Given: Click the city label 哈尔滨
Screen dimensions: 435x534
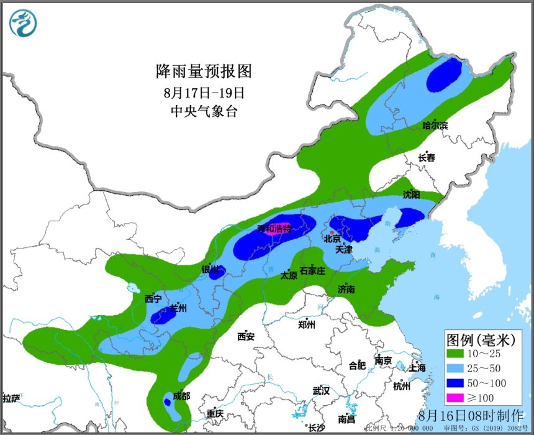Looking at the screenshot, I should pos(435,126).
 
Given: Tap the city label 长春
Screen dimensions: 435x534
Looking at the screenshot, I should pos(427,158).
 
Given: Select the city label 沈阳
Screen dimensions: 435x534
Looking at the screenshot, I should pos(411,195).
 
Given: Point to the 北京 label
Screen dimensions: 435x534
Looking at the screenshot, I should pos(332,238).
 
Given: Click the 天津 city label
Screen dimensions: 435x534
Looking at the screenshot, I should pos(343,249).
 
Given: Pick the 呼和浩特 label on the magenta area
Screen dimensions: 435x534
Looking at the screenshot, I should pos(274,229).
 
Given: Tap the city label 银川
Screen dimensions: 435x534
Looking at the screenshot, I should pos(210,270).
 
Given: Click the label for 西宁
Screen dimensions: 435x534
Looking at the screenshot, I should pos(153,299).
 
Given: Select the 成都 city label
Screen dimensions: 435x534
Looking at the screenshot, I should pos(182,396).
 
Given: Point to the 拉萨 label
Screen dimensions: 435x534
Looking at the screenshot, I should pos(11,398).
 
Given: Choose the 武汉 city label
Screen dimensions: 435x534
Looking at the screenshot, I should pos(322,391).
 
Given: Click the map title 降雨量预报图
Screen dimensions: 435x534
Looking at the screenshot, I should pos(204,71).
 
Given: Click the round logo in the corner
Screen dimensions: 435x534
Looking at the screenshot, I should pos(24,23).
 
